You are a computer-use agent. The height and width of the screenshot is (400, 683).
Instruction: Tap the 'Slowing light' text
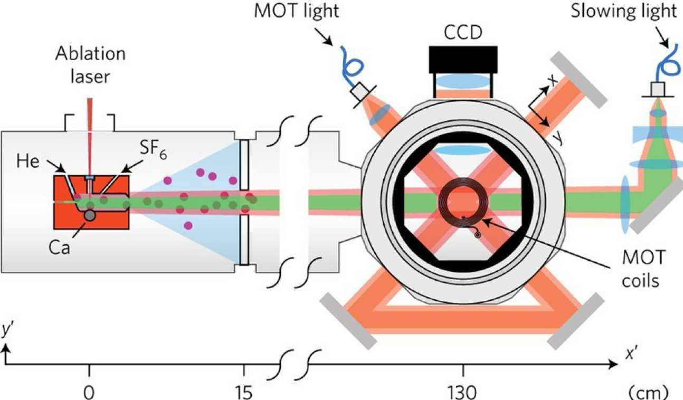click(x=624, y=11)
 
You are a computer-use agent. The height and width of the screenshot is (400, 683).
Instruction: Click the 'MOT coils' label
click(x=642, y=269)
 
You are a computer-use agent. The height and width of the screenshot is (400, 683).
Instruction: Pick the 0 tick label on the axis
click(x=90, y=392)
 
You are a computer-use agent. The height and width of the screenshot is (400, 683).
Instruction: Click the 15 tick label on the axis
click(x=243, y=392)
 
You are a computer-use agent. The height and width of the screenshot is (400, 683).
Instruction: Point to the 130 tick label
click(x=463, y=392)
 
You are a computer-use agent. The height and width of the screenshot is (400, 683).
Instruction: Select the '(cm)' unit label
click(x=648, y=392)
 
